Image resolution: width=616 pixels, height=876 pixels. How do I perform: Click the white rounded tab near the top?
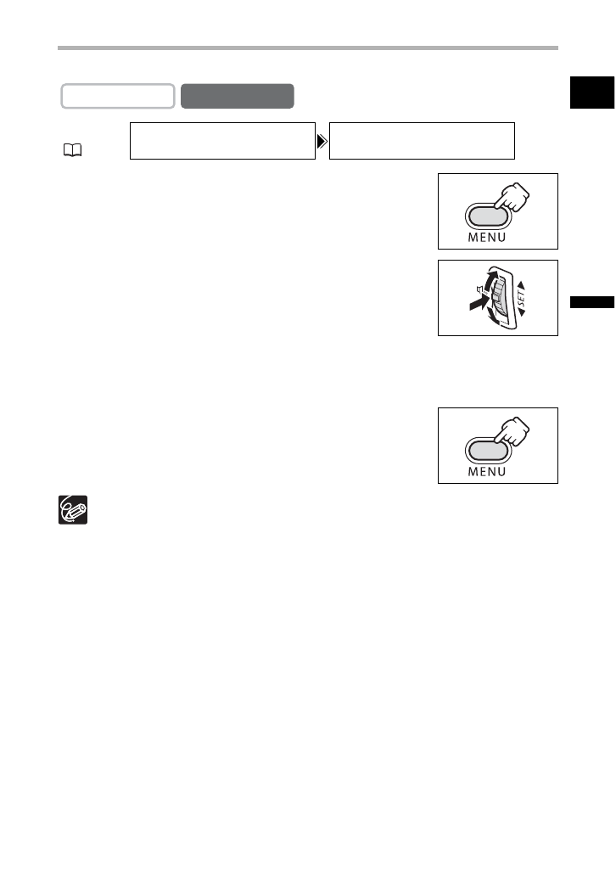pyautogui.click(x=118, y=96)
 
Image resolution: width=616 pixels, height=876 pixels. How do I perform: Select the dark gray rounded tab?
pyautogui.click(x=238, y=96)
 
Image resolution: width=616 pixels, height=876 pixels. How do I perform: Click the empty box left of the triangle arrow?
pyautogui.click(x=221, y=140)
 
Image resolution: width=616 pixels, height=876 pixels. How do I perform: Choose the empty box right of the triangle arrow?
pyautogui.click(x=422, y=140)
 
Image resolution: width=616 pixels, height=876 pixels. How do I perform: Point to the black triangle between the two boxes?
pyautogui.click(x=322, y=141)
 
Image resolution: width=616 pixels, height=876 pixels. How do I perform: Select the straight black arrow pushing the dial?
pyautogui.click(x=472, y=304)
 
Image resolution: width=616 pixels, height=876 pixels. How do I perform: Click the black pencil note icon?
pyautogui.click(x=72, y=510)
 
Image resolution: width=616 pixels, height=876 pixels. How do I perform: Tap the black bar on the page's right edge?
pyautogui.click(x=591, y=302)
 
